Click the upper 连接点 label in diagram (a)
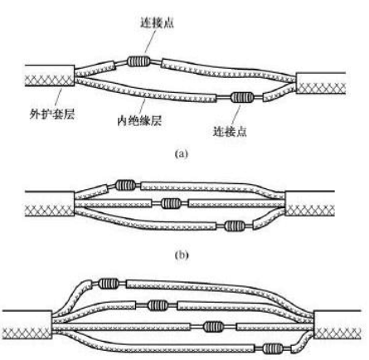(157, 22)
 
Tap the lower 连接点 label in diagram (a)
(230, 131)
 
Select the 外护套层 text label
(52, 114)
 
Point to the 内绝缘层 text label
(139, 120)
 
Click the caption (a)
(182, 153)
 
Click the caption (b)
(182, 255)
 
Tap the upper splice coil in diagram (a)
(138, 61)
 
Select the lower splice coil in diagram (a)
(242, 97)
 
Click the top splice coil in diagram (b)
(126, 185)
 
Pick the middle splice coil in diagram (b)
(171, 203)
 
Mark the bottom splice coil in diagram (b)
(235, 226)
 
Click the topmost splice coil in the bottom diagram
(109, 284)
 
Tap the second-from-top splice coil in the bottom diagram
(158, 305)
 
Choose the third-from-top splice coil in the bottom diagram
(213, 327)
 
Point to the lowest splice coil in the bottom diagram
(273, 348)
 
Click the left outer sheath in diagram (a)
(50, 75)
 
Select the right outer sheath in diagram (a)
(321, 83)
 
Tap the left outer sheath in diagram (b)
(50, 203)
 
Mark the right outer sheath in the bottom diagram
(337, 325)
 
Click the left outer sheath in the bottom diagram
(27, 325)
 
